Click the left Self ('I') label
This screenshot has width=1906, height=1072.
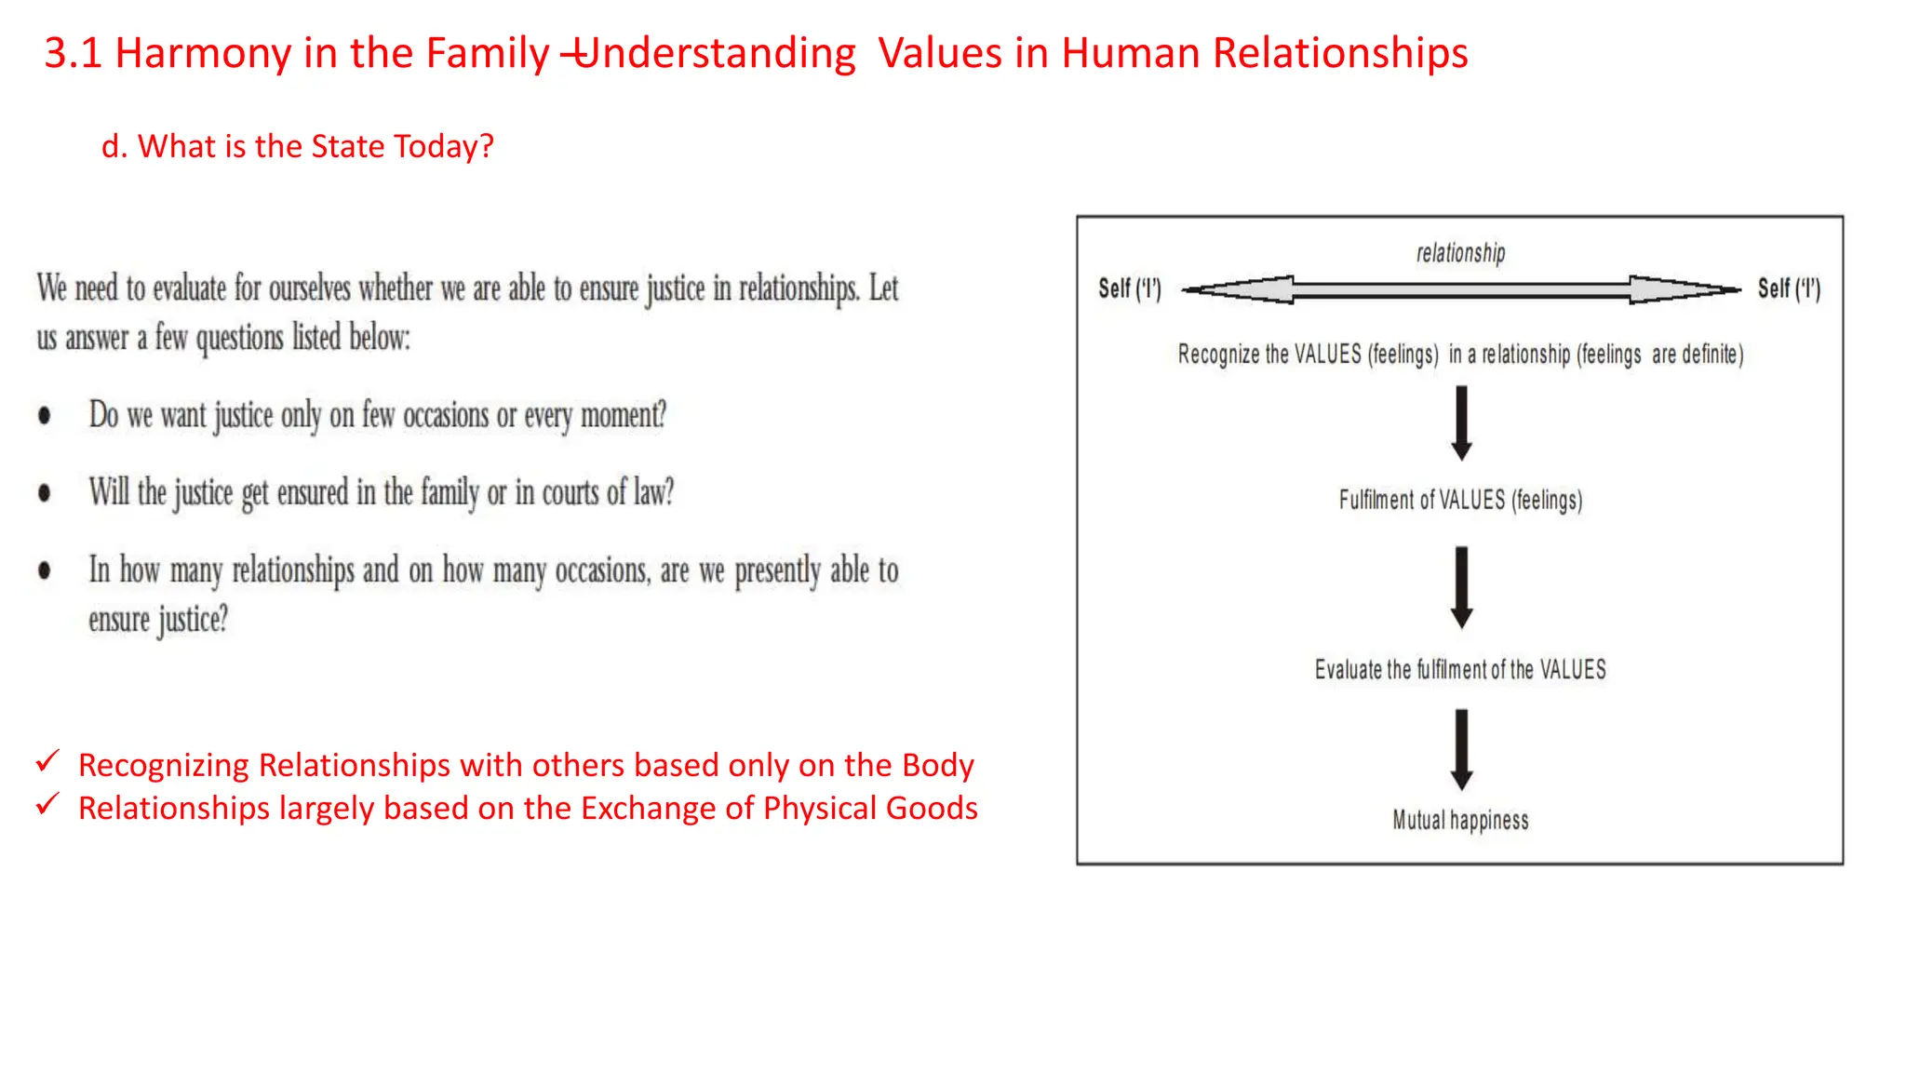[x=1129, y=288]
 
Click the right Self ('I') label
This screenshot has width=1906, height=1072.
[x=1788, y=288]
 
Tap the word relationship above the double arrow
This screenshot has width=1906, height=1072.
[x=1460, y=253]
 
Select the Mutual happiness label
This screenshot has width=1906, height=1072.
[x=1460, y=820]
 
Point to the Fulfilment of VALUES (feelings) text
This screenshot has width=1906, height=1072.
[x=1460, y=500]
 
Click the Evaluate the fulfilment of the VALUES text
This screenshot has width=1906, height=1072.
[x=1460, y=669]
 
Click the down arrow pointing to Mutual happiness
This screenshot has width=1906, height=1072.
[x=1461, y=749]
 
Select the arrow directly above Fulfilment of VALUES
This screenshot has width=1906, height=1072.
[x=1461, y=423]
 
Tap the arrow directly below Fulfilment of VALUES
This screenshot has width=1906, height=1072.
[x=1461, y=587]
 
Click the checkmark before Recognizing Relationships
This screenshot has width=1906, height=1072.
[x=47, y=761]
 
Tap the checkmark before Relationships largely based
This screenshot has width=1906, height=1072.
[x=47, y=803]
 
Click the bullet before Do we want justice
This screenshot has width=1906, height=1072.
[x=45, y=416]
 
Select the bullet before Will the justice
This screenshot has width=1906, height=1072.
[x=45, y=493]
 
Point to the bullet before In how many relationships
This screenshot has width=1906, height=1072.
[x=45, y=570]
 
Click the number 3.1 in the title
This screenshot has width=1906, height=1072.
[x=73, y=53]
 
